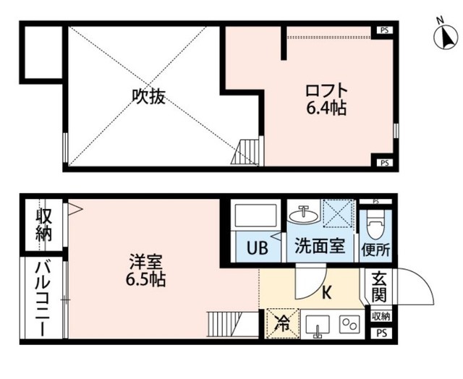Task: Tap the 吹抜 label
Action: (148, 96)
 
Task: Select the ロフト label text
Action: (326, 93)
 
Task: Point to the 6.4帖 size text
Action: (326, 110)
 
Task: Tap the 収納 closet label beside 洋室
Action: (43, 225)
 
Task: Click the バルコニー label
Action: (42, 299)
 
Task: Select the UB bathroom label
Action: (258, 247)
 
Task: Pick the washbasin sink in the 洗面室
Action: (301, 216)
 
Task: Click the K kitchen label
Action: (326, 294)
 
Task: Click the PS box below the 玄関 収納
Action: (381, 333)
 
